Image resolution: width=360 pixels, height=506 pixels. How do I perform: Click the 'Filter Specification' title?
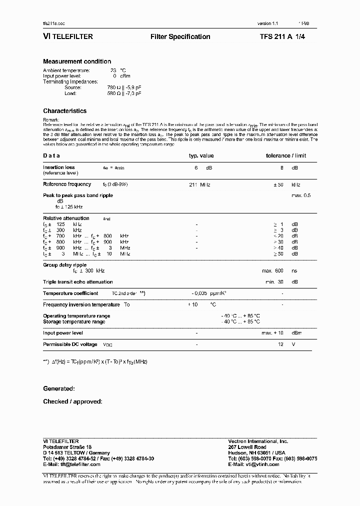180,36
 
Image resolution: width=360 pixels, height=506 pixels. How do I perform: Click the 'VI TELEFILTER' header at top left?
67,36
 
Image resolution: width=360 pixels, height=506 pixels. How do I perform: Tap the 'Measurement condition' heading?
77,61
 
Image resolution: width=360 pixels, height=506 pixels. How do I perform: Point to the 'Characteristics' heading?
64,111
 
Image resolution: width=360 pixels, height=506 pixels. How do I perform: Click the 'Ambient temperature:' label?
66,70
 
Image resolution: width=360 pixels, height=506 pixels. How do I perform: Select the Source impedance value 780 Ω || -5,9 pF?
124,87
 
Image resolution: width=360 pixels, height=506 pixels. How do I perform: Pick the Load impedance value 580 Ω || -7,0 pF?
124,93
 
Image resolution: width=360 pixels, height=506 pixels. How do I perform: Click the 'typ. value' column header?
201,155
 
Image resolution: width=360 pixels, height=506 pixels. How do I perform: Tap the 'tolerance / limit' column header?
285,155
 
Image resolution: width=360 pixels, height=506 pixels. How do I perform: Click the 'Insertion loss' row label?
59,167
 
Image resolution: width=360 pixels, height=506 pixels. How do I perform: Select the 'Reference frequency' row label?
67,184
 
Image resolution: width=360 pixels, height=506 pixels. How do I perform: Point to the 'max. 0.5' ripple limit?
300,195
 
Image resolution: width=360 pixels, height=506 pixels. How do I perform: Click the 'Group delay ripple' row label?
64,265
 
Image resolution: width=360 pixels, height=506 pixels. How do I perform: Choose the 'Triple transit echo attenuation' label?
78,282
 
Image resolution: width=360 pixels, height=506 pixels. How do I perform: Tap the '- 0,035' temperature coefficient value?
200,293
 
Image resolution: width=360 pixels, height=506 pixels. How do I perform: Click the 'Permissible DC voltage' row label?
70,344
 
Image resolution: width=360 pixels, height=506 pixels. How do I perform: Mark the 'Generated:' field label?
59,388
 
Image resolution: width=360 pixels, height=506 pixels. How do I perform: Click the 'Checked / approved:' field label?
72,401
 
